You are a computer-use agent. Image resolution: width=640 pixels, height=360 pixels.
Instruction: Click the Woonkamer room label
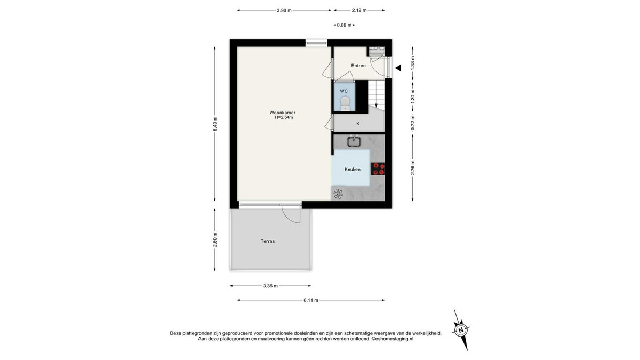(282, 113)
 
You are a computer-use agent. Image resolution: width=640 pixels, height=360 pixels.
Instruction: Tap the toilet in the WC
(345, 103)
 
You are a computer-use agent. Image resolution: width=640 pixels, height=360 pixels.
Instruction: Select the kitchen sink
(354, 141)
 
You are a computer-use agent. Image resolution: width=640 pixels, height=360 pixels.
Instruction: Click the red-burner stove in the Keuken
(378, 169)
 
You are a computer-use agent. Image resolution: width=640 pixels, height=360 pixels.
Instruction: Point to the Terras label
(268, 241)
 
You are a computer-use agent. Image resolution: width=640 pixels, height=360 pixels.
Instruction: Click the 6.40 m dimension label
(215, 124)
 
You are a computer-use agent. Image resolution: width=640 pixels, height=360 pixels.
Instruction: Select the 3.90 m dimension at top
(284, 10)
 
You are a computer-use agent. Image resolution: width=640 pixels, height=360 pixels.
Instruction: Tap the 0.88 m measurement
(345, 25)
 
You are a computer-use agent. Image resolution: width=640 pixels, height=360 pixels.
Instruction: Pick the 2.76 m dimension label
(413, 168)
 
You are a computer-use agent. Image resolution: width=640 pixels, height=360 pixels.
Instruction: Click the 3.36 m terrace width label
(270, 286)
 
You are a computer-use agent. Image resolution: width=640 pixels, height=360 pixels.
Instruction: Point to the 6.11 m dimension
(311, 300)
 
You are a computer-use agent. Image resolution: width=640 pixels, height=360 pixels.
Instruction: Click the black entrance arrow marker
(398, 68)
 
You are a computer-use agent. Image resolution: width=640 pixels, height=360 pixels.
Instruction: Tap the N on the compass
(461, 330)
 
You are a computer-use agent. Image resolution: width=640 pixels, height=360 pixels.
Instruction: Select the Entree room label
(358, 66)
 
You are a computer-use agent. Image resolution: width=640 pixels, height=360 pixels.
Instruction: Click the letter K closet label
(358, 123)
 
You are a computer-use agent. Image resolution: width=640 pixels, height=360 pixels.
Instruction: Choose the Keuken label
(353, 169)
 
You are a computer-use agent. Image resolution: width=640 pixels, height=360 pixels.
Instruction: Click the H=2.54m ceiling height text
(284, 117)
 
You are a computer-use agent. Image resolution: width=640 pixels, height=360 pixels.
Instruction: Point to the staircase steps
(377, 93)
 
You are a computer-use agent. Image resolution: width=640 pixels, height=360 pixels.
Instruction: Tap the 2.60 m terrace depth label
(215, 240)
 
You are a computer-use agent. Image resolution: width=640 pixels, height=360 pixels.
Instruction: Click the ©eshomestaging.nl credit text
(393, 339)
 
